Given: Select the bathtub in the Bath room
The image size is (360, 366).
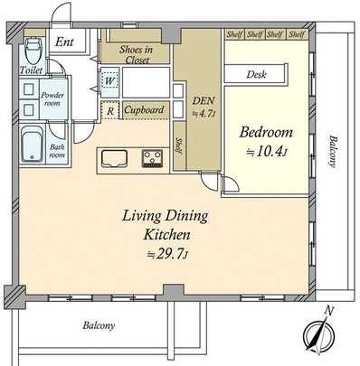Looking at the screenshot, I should tap(32, 143).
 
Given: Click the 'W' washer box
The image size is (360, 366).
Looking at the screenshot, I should tap(109, 81).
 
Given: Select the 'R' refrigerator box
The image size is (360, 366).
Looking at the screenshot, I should tap(109, 112).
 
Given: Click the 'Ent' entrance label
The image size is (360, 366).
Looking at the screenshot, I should tap(65, 42).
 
